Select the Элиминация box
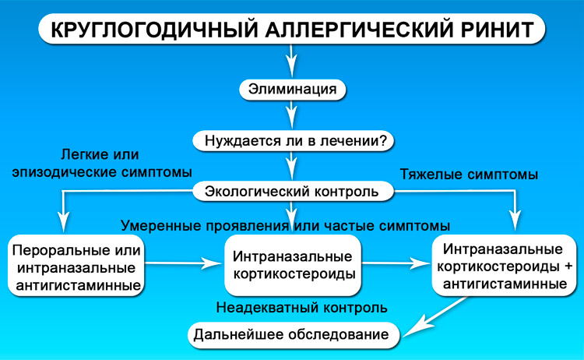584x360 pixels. (292, 90)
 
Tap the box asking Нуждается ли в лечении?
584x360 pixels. (293, 141)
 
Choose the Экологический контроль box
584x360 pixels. (293, 192)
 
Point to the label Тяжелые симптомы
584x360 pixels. (469, 175)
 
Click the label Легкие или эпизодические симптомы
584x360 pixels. (102, 163)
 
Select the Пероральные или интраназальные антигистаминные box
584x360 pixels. (76, 266)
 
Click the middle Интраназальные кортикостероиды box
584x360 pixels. (292, 266)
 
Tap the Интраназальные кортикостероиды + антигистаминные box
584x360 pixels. (504, 266)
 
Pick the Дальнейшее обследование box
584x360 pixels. (293, 335)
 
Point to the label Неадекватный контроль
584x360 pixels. (301, 308)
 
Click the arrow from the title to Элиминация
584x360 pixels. (292, 61)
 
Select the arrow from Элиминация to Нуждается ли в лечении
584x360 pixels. (292, 115)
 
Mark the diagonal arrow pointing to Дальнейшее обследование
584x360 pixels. (435, 316)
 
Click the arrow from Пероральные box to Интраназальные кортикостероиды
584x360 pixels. (183, 263)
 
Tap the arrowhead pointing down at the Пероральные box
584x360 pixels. (64, 223)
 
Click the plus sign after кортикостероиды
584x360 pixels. (568, 266)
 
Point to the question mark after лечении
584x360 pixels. (383, 141)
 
